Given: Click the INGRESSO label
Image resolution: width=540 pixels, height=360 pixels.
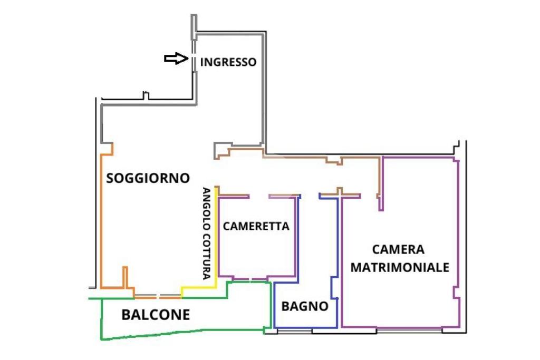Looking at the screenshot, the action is point(228,62).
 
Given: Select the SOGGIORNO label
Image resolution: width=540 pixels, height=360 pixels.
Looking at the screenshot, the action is point(148,178).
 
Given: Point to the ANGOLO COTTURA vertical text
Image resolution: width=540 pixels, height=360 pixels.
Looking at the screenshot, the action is point(206,233).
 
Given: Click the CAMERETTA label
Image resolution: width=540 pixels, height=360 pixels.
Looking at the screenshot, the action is point(256,226).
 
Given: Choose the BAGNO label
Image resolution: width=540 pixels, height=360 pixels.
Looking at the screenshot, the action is point(305,306).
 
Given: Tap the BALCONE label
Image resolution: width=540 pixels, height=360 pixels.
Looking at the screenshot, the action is point(156,315).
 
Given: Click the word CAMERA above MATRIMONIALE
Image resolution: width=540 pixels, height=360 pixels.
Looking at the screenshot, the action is point(398,249).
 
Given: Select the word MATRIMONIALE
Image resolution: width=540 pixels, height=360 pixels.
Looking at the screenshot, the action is point(400,267).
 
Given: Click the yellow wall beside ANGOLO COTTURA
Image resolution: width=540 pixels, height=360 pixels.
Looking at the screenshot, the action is point(216,238).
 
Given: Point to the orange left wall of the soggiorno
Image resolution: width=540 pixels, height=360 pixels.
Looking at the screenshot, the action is point(101,221).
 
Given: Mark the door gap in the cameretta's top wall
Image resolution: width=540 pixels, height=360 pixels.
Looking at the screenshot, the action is point(258,197).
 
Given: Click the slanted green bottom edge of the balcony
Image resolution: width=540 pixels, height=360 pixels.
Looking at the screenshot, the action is point(182,333).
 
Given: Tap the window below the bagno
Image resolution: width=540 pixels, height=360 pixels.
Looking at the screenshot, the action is point(295,331).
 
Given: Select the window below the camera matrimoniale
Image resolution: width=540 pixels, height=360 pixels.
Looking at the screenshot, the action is point(409,330).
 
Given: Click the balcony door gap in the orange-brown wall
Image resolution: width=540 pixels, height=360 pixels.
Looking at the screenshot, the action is point(158,296).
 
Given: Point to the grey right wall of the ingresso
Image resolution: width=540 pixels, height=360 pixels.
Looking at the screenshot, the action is point(264,88).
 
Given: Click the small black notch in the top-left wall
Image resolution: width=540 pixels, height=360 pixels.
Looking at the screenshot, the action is point(146,95).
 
